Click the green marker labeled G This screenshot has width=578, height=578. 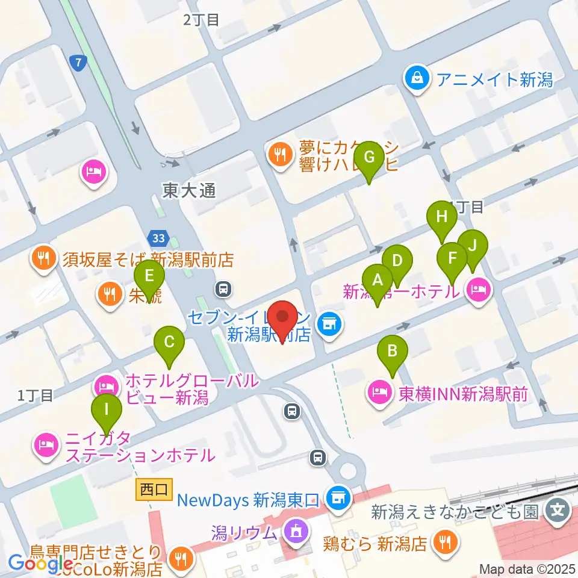click(369, 158)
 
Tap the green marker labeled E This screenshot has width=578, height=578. click(149, 277)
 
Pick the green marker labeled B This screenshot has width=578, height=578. click(393, 350)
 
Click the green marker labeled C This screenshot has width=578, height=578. click(169, 343)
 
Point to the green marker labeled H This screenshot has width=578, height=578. click(442, 217)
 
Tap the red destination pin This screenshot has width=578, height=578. click(282, 316)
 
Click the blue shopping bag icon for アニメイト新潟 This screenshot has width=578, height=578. click(417, 78)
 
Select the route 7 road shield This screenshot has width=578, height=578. click(78, 63)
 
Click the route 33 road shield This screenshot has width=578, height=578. click(158, 238)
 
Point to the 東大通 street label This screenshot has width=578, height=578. click(188, 191)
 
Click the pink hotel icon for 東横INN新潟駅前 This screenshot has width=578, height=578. click(380, 394)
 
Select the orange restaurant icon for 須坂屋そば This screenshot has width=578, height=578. click(43, 259)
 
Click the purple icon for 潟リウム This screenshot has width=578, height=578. click(295, 532)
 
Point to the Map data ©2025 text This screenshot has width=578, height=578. click(527, 569)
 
